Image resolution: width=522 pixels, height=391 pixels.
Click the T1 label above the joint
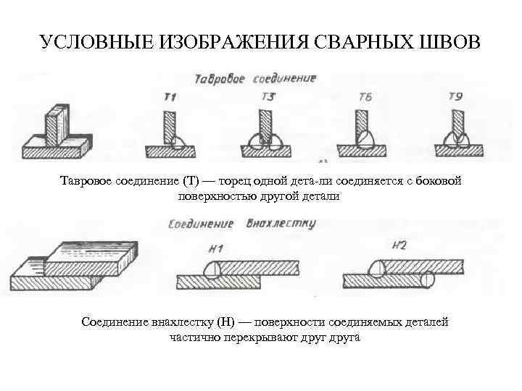(x=171, y=96)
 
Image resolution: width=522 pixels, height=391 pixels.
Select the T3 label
(x=267, y=96)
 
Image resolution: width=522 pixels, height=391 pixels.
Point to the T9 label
(x=455, y=96)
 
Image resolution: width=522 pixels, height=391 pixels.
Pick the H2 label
(x=399, y=245)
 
